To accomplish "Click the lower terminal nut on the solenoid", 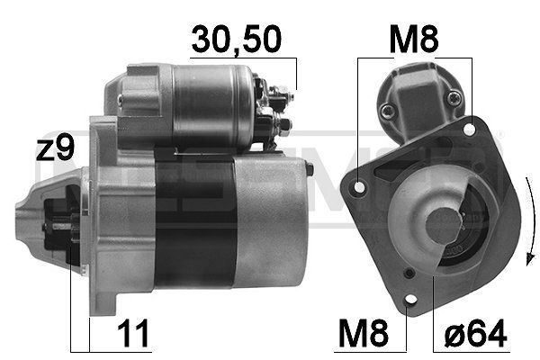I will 282,122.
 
